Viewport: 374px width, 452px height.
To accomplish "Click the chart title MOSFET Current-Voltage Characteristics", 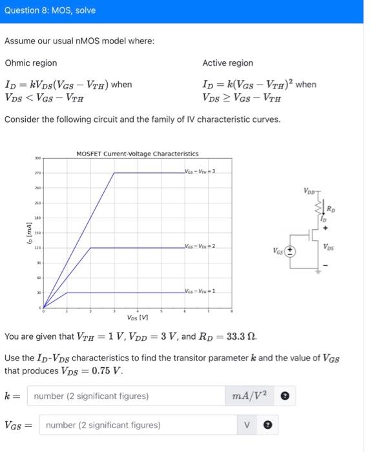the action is [x=137, y=154].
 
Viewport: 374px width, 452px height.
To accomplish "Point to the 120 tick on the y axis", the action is [x=37, y=248].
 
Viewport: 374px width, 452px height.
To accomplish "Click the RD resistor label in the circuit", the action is [x=331, y=208].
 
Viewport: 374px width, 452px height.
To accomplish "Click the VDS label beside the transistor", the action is [x=329, y=247].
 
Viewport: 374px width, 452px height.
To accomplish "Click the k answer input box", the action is [x=127, y=396].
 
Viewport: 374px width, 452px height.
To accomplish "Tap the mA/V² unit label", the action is [x=251, y=396].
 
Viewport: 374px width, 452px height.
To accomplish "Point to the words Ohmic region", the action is [x=30, y=63].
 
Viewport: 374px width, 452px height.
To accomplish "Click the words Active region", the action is [x=227, y=63].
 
